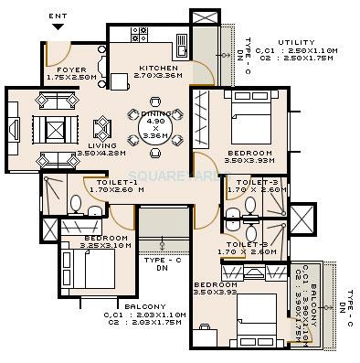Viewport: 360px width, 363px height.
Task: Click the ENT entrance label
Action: click(58, 16)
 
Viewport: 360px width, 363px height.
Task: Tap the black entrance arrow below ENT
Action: click(58, 28)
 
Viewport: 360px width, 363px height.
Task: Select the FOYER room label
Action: click(71, 69)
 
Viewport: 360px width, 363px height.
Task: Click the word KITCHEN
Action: click(157, 69)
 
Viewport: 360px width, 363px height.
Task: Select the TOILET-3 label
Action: click(256, 183)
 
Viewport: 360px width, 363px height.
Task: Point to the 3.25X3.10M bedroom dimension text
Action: click(86, 246)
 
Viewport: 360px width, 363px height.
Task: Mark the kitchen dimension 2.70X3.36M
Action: click(157, 78)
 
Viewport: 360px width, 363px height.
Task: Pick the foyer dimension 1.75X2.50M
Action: click(71, 78)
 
